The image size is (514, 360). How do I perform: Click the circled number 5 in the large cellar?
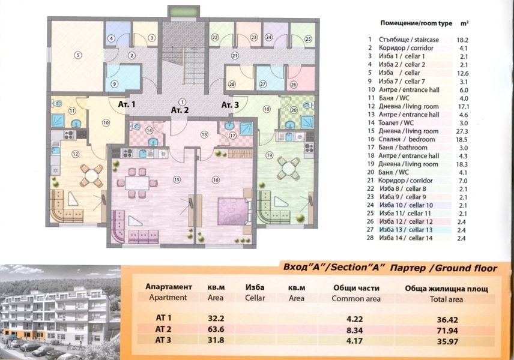[x=77, y=55]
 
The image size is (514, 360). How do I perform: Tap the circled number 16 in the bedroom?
[x=216, y=180]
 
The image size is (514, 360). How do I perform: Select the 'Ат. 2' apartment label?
[x=180, y=110]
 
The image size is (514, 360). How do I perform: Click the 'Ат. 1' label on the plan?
[x=127, y=104]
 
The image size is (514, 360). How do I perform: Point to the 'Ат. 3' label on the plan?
[x=230, y=105]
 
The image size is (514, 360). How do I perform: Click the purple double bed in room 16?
[x=234, y=211]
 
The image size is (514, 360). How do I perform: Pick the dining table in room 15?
[x=137, y=183]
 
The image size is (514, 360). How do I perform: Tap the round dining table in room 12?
[x=92, y=175]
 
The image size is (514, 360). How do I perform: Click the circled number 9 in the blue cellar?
[x=114, y=84]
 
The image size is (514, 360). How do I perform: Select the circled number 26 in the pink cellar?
[x=294, y=85]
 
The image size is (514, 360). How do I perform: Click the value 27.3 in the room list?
[x=462, y=131]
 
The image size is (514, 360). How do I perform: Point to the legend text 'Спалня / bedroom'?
[x=407, y=139]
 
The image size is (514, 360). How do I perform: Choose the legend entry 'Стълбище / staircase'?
[x=409, y=40]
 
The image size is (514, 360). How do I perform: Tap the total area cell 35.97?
[x=447, y=341]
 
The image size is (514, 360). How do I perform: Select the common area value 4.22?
[x=355, y=319]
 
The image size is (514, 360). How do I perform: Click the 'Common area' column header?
[x=356, y=299]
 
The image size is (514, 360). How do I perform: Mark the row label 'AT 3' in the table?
[x=163, y=340]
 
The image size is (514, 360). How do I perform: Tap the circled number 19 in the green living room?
[x=269, y=155]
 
